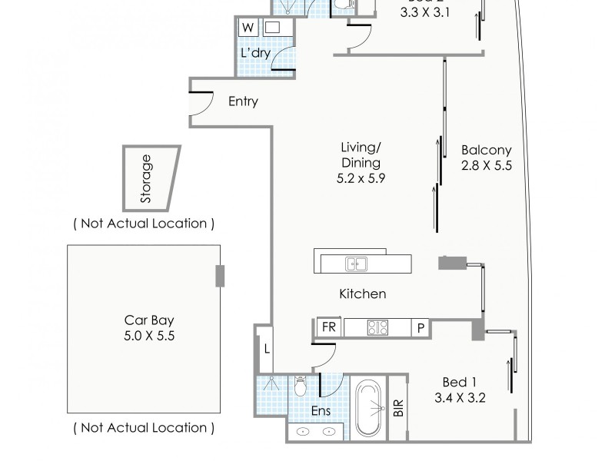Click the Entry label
pyautogui.click(x=243, y=101)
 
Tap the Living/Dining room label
pyautogui.click(x=361, y=162)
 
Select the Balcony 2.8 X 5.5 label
pyautogui.click(x=486, y=158)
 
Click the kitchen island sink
pyautogui.click(x=356, y=264)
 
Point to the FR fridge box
pyautogui.click(x=328, y=327)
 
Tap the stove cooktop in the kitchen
pyautogui.click(x=377, y=327)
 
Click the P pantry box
pyautogui.click(x=421, y=327)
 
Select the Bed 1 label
pyautogui.click(x=460, y=390)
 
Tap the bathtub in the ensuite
pyautogui.click(x=370, y=407)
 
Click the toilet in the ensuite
pyautogui.click(x=301, y=386)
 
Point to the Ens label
pyautogui.click(x=321, y=411)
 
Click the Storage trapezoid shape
pyautogui.click(x=150, y=178)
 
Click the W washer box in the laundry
pyautogui.click(x=248, y=28)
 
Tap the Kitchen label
pyautogui.click(x=362, y=294)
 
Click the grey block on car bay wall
pyautogui.click(x=221, y=275)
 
